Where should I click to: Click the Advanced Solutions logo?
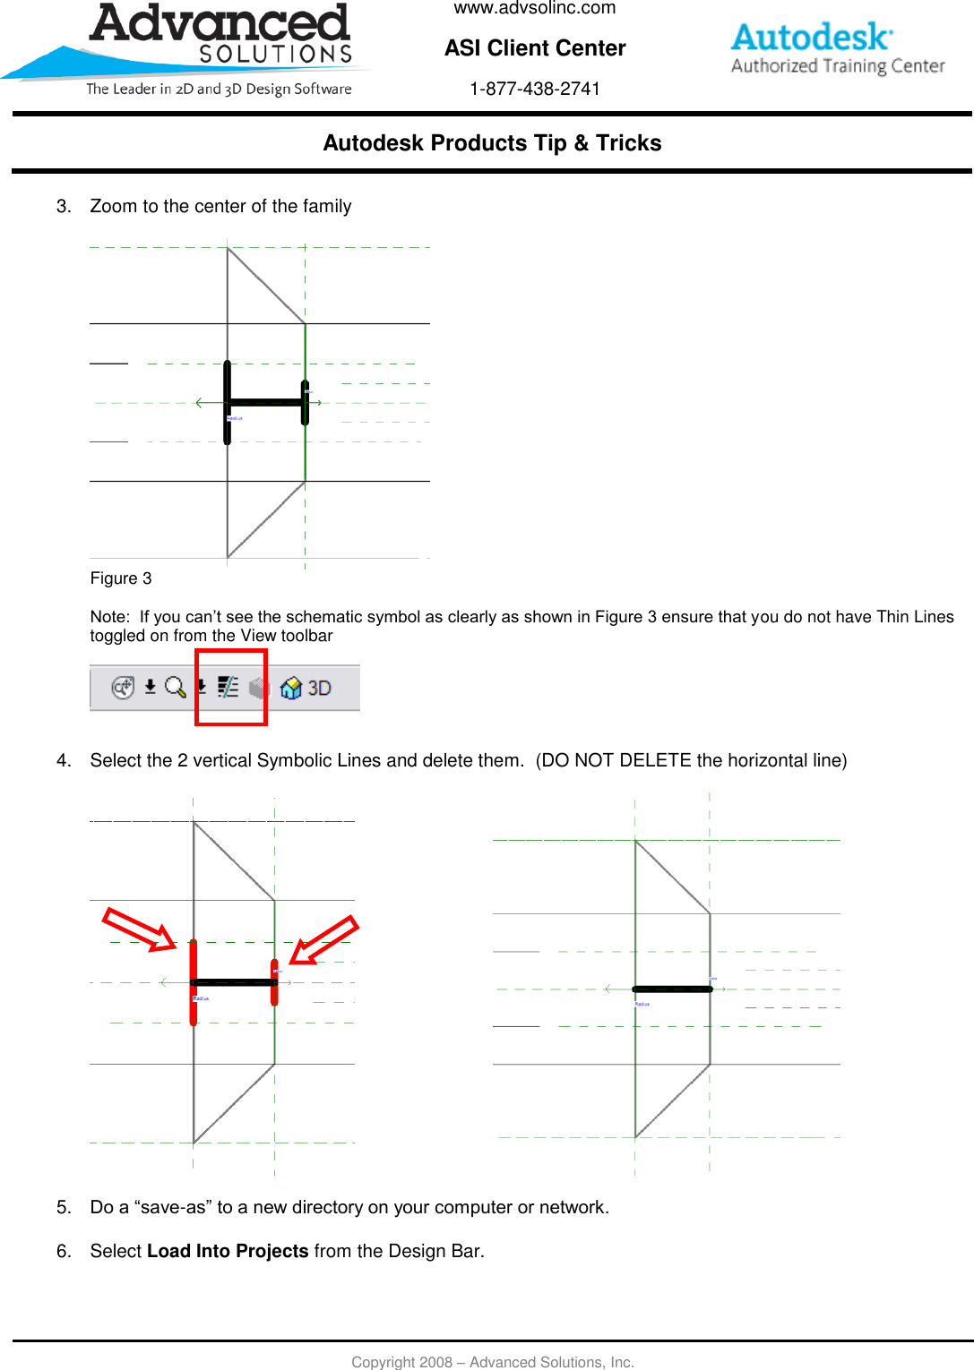tap(220, 45)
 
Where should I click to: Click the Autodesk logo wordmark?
tap(811, 38)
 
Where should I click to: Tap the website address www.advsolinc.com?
tap(535, 8)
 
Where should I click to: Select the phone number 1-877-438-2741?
tap(535, 89)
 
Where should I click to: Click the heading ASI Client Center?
tap(535, 48)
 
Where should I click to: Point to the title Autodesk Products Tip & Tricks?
tap(492, 143)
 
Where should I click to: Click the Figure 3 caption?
tap(121, 578)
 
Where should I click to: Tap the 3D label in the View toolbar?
tap(319, 688)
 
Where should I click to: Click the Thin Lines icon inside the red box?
tap(228, 687)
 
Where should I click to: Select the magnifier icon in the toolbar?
tap(175, 687)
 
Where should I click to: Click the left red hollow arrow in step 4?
tap(139, 929)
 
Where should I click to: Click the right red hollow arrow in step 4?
tap(323, 939)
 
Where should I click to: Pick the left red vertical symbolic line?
tap(194, 981)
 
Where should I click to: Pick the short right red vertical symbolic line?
tap(274, 982)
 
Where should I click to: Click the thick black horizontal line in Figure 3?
tap(266, 402)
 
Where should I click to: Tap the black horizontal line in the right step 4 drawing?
tap(672, 989)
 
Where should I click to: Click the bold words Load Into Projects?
tap(228, 1251)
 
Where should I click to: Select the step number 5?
tap(63, 1207)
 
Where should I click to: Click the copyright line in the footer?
tap(492, 1362)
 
